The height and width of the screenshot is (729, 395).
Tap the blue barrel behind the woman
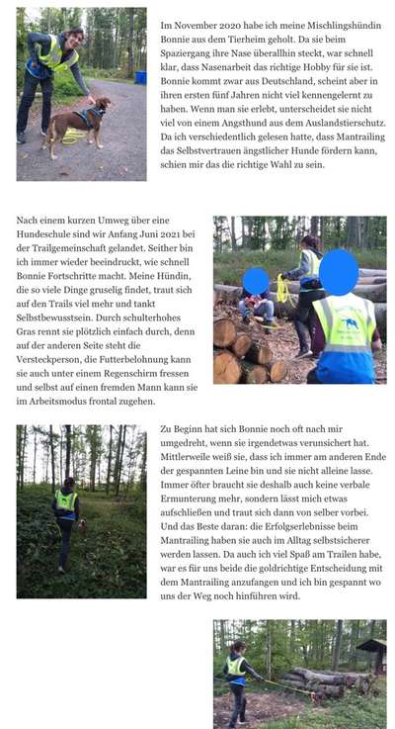140,77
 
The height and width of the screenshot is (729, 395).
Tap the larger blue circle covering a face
338,272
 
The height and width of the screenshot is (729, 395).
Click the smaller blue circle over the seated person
256,282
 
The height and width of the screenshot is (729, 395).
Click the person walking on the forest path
66,512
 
